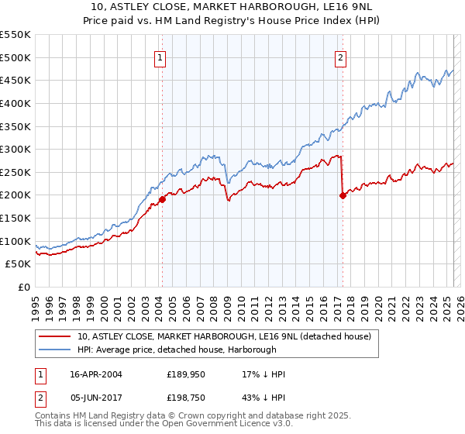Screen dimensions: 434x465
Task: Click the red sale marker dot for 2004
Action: tap(162, 199)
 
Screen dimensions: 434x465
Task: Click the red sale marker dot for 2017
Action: tap(342, 195)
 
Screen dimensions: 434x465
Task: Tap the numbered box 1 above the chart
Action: tap(160, 57)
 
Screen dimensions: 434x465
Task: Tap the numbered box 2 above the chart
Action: tap(340, 57)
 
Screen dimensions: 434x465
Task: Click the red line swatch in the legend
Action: tap(55, 337)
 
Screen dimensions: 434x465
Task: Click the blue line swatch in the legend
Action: tap(55, 350)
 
